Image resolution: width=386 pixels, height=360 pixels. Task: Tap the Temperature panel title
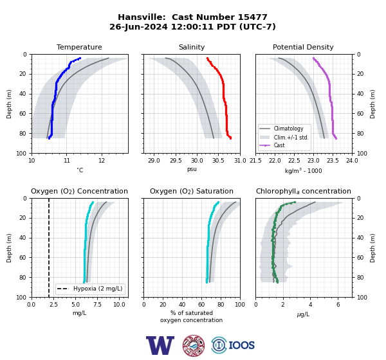79,47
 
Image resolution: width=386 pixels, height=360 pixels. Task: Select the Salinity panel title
192,47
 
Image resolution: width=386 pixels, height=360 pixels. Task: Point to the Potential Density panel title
303,47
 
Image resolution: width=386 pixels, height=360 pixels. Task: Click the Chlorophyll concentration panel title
304,191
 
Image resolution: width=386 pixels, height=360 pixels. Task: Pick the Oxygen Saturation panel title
192,191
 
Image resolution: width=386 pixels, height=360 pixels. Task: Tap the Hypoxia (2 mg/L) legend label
98,289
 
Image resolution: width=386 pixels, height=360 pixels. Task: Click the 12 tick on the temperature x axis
102,161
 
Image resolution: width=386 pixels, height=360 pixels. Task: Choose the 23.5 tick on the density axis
333,161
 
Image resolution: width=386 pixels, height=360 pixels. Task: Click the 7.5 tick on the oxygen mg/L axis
98,305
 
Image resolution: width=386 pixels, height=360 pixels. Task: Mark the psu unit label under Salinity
192,169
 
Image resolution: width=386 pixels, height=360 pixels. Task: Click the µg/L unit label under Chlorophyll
303,314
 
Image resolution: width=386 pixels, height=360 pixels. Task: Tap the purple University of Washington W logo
160,345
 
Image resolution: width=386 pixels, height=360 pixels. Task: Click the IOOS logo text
241,345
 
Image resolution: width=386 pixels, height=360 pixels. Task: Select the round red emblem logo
194,345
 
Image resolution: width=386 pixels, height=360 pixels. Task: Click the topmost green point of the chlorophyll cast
295,203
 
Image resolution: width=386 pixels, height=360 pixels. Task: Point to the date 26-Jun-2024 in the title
138,26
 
